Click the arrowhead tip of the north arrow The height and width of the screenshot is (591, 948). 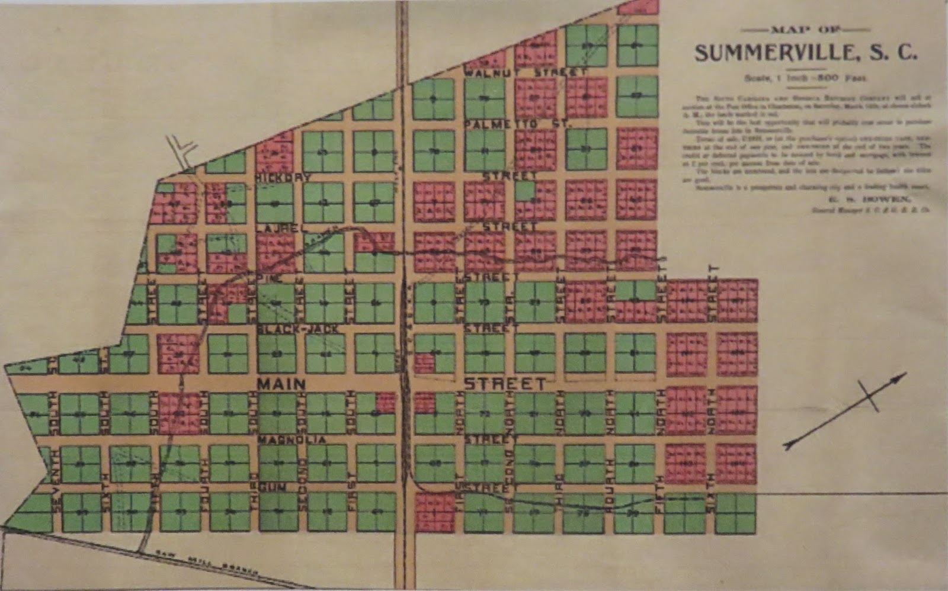[905, 374]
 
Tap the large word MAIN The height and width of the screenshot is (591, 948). [281, 384]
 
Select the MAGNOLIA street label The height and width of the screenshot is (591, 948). [292, 440]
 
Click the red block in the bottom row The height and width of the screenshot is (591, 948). [434, 512]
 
